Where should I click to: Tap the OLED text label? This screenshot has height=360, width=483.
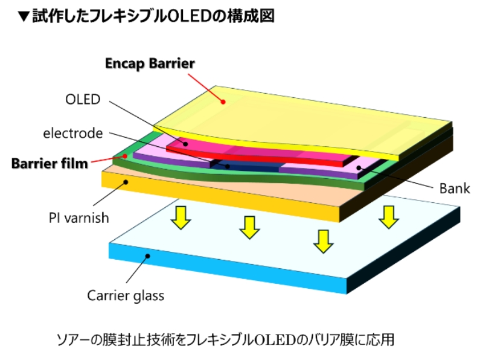pos(82,99)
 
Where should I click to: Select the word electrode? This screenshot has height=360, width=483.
pos(72,133)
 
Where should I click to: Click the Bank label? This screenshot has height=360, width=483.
pos(454,188)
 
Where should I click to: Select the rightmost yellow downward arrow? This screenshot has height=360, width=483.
pos(388,216)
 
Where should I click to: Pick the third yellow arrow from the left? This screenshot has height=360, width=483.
pos(324,240)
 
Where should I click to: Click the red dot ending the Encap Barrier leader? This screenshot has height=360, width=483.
pos(223,102)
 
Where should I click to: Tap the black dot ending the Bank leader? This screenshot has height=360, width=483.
pos(359,167)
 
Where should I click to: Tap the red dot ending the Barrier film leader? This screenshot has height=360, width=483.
pos(124,156)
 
